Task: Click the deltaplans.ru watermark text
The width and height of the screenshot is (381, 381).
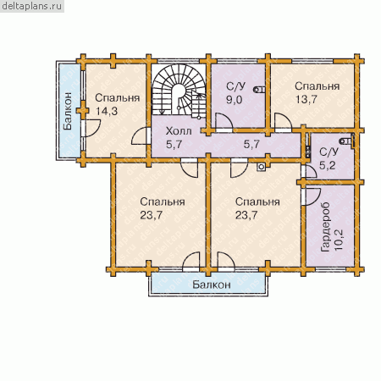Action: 32,6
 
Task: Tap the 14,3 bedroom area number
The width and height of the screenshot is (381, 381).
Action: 107,111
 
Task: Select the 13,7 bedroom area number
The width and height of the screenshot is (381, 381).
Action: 306,99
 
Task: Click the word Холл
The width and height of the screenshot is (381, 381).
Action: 179,131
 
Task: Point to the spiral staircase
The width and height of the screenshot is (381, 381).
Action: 179,90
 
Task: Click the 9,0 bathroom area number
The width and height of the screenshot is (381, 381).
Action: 235,100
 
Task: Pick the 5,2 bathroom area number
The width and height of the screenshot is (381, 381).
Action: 328,165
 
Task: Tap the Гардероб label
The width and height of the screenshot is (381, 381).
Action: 325,227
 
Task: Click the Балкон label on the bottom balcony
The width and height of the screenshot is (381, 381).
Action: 212,284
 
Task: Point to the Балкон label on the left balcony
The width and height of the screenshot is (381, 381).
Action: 68,111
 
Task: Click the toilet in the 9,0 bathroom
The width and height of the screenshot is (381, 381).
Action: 258,90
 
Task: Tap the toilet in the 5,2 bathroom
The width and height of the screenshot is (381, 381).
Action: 346,141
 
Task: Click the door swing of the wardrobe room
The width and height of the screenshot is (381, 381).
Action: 312,196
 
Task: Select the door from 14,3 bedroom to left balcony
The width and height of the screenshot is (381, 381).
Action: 91,128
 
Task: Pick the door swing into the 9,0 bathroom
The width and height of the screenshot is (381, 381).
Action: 224,122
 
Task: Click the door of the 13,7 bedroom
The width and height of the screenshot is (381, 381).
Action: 283,122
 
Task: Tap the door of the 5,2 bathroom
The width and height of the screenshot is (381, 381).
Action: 309,172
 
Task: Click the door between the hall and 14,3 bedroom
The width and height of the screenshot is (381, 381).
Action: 141,136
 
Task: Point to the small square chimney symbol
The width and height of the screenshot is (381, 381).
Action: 262,167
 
